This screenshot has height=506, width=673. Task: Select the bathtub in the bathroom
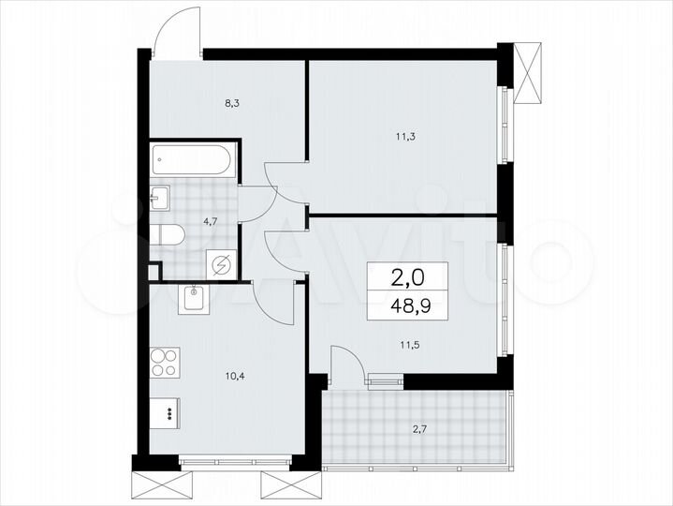pos(192,159)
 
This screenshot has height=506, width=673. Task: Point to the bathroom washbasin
pos(158,198)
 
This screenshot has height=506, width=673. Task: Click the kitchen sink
pos(193,298)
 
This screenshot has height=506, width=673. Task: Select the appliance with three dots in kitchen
pos(167,411)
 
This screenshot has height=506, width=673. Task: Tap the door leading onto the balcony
pos(348,365)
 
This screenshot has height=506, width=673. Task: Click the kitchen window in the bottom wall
pos(235,461)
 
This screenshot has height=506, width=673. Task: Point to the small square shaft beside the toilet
pos(154,272)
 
